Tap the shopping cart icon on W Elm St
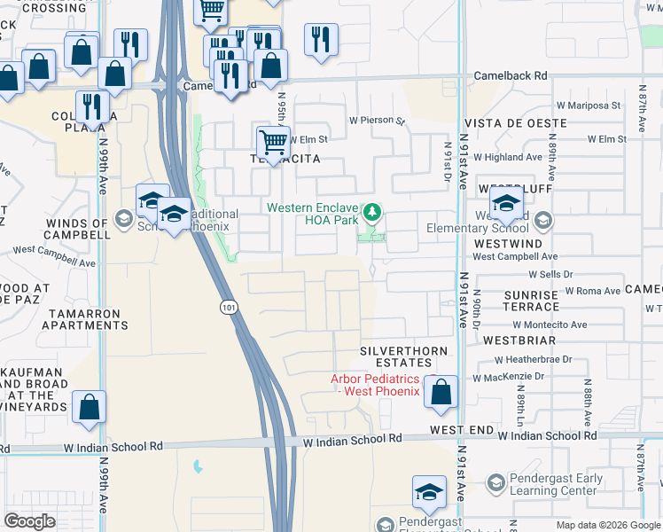click(x=273, y=141)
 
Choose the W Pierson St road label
click(x=376, y=120)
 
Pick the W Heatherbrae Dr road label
click(x=541, y=359)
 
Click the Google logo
click(x=29, y=522)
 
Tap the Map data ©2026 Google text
click(x=608, y=525)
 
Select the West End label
click(x=462, y=429)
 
